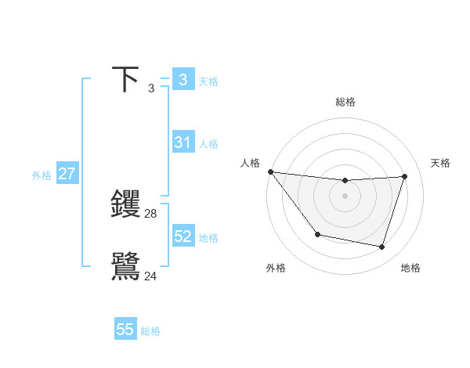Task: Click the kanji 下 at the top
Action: (x=126, y=80)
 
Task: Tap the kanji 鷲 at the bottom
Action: (x=126, y=266)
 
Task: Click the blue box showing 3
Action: (x=183, y=79)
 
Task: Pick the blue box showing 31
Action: (x=183, y=143)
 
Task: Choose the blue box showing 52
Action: (x=183, y=236)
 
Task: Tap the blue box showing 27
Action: (x=67, y=174)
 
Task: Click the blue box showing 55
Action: (x=125, y=330)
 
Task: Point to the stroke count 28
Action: (x=151, y=213)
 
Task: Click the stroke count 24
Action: (x=151, y=276)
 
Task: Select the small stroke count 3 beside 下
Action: (x=151, y=88)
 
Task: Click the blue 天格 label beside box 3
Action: (x=208, y=81)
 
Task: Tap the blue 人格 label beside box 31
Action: (x=208, y=144)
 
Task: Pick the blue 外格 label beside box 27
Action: (x=42, y=175)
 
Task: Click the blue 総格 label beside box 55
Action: (x=150, y=331)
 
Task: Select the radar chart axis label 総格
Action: (x=345, y=102)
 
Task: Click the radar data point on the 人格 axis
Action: (x=270, y=171)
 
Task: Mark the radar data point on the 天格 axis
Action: (x=405, y=176)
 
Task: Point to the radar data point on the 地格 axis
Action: (x=382, y=247)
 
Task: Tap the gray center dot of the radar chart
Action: (x=345, y=196)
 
